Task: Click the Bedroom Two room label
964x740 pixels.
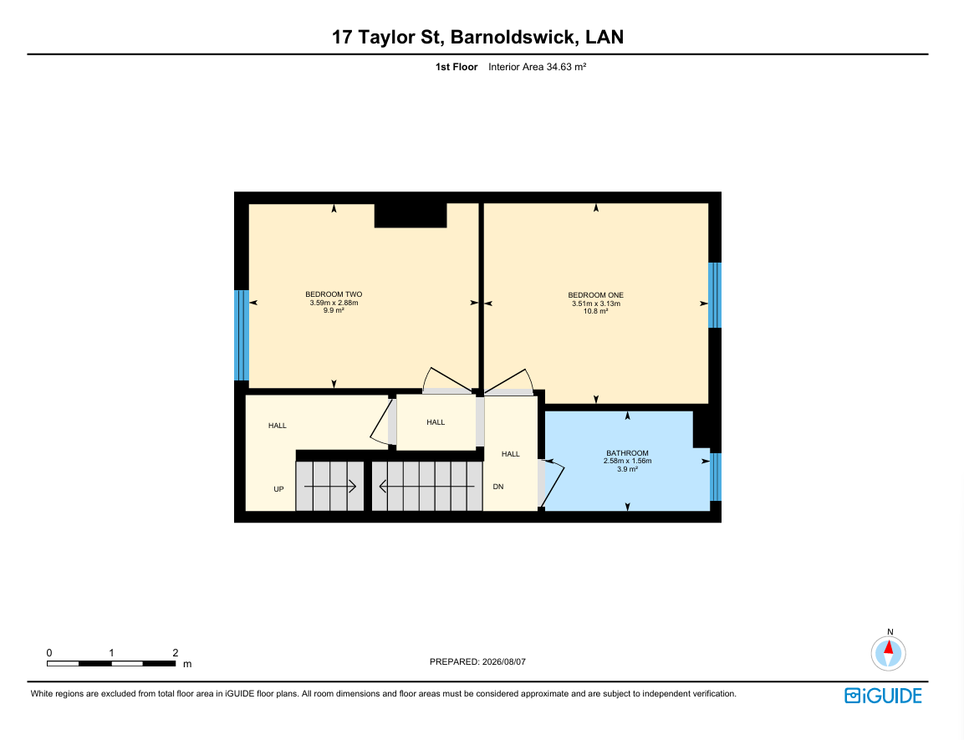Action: [334, 294]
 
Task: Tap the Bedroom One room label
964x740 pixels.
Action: [596, 295]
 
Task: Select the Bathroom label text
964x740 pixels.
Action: [627, 453]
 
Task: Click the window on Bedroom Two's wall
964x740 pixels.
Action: [242, 335]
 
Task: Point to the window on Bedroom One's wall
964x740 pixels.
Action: [714, 295]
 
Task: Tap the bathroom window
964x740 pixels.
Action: [716, 477]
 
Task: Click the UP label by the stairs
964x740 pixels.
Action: [278, 489]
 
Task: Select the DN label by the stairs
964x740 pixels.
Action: [498, 487]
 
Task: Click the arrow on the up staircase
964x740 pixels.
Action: [330, 487]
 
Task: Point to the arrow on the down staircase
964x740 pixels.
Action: [426, 487]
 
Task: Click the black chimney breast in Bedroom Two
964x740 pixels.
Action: [411, 215]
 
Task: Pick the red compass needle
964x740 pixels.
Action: [889, 646]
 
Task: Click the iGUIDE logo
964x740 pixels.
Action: [883, 696]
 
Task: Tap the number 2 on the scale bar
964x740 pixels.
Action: [176, 653]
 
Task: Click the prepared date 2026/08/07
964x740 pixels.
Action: [504, 662]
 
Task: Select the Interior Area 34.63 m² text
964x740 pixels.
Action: [538, 67]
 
